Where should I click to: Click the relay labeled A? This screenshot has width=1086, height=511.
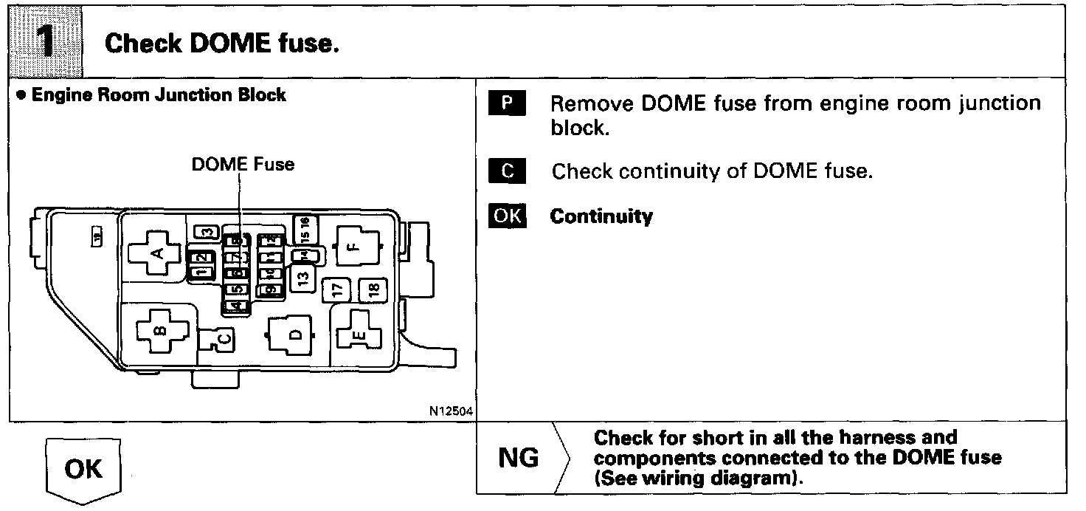[156, 254]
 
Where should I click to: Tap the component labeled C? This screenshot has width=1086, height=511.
[221, 338]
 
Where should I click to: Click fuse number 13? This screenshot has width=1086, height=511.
[302, 278]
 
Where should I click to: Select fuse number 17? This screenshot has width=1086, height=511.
[336, 289]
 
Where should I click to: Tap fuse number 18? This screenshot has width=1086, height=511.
[373, 289]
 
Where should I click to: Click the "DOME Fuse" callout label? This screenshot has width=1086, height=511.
[243, 164]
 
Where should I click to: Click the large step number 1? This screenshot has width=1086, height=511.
[44, 41]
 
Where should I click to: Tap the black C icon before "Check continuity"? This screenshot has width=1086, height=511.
[507, 171]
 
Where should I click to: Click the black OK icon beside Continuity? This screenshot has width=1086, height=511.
[507, 216]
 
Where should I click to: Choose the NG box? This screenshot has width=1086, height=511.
[519, 459]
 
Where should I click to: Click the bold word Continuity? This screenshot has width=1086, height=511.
[601, 216]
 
